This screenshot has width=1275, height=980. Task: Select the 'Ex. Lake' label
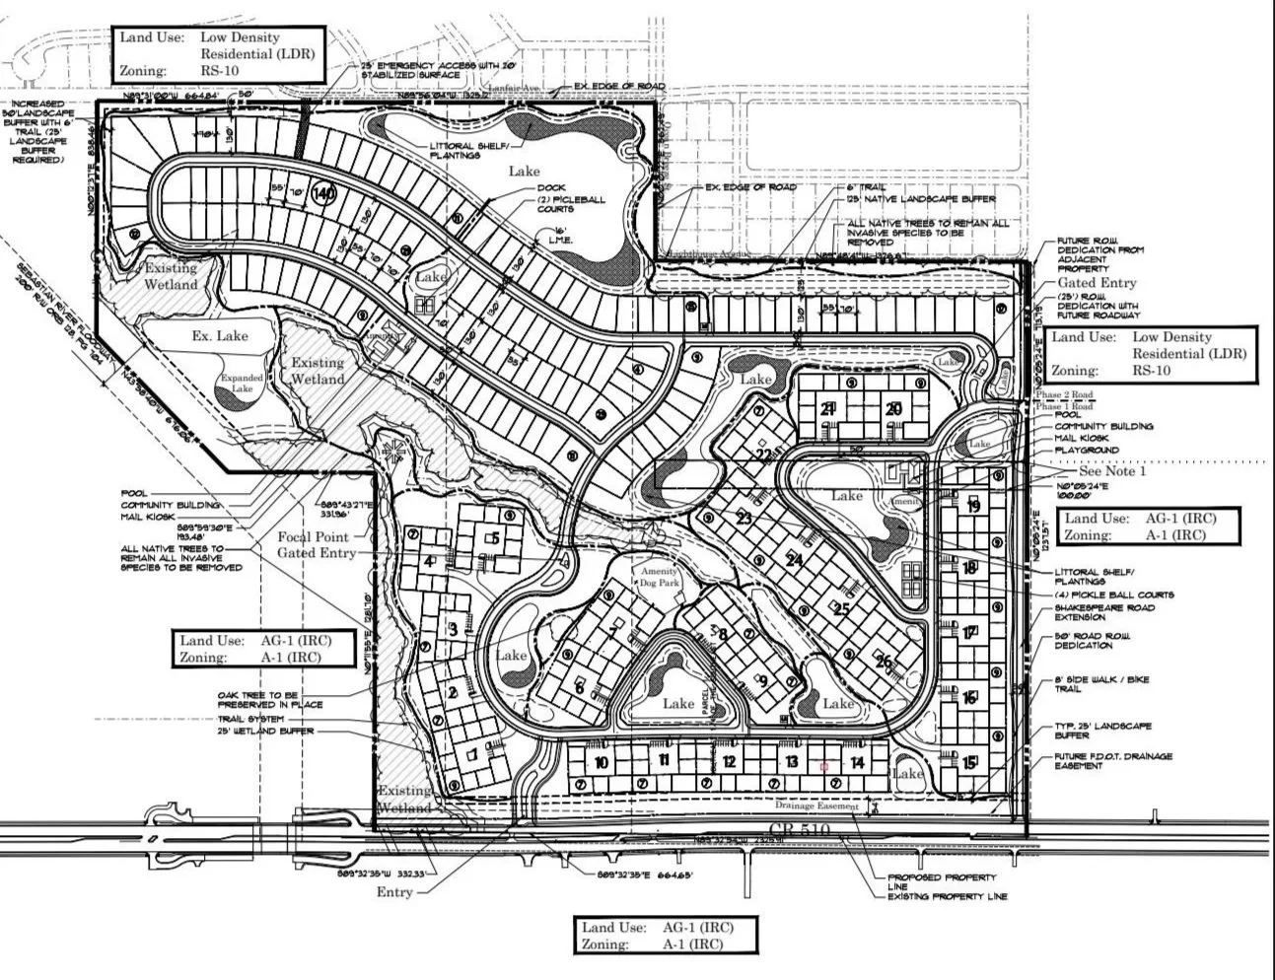pyautogui.click(x=219, y=336)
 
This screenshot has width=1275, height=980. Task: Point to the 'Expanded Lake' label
pyautogui.click(x=242, y=384)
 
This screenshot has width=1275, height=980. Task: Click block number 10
pyautogui.click(x=601, y=762)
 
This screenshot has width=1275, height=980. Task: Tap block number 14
pyautogui.click(x=857, y=762)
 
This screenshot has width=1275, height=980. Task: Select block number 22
pyautogui.click(x=764, y=455)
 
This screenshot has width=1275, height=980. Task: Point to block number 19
pyautogui.click(x=973, y=507)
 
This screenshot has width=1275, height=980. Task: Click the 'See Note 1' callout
pyautogui.click(x=1112, y=471)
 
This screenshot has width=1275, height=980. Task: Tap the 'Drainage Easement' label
pyautogui.click(x=816, y=806)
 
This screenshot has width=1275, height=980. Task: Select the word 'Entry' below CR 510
pyautogui.click(x=394, y=892)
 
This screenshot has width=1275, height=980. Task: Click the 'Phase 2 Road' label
pyautogui.click(x=1064, y=394)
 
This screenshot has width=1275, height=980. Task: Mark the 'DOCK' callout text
pyautogui.click(x=551, y=188)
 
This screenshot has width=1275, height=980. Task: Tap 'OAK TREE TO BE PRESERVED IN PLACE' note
pyautogui.click(x=269, y=700)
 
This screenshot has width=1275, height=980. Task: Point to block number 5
pyautogui.click(x=495, y=537)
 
